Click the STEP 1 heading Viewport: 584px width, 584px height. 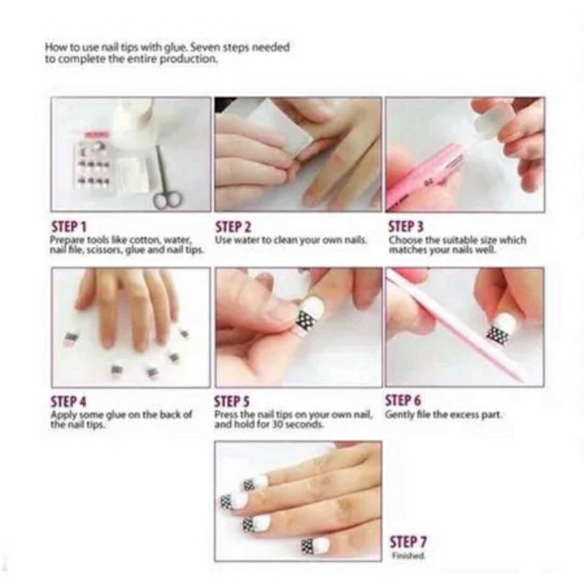(x=67, y=226)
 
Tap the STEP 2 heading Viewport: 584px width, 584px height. (x=233, y=226)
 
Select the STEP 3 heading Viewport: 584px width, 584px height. (x=405, y=226)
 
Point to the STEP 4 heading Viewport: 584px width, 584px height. (x=68, y=401)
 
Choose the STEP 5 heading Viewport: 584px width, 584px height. (x=233, y=401)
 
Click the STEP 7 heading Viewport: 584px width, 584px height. (x=409, y=542)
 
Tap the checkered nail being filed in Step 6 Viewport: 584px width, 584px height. (x=499, y=332)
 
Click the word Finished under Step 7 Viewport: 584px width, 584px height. (x=406, y=556)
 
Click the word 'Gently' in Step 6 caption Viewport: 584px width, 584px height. (x=399, y=415)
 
